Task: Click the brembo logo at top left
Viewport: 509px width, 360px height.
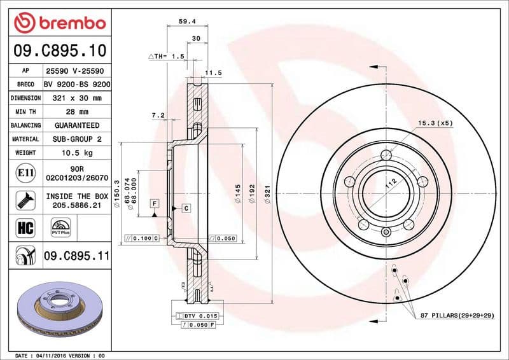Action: click(59, 23)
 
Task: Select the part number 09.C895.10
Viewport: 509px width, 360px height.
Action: click(59, 50)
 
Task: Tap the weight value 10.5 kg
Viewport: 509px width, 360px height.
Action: click(77, 153)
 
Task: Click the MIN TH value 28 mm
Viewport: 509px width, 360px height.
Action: click(77, 112)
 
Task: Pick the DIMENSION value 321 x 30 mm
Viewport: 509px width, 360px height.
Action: click(77, 99)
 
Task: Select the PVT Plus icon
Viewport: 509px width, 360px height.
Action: click(60, 227)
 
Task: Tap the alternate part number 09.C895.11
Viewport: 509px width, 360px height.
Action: click(77, 256)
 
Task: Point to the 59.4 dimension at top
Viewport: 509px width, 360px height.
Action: click(186, 22)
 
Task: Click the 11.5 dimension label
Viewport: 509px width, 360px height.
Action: click(214, 73)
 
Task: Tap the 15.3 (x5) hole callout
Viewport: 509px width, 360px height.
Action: click(435, 123)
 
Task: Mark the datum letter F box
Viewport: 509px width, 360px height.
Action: click(155, 203)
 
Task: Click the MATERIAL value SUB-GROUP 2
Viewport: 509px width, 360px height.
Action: click(77, 139)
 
